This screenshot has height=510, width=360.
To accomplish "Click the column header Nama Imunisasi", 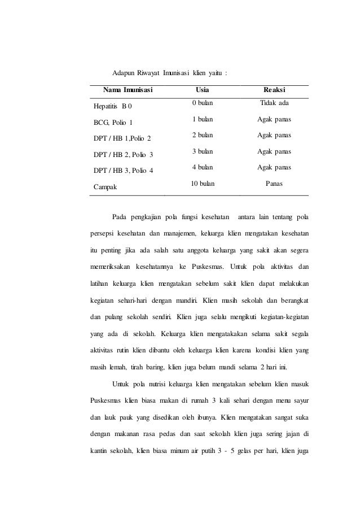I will (x=128, y=90).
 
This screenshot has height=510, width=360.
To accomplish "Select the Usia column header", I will (x=201, y=90).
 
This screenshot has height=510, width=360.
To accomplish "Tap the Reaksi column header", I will (x=274, y=90).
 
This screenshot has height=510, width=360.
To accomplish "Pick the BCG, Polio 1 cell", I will (x=113, y=122).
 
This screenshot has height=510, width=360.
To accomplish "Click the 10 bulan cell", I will (x=202, y=183).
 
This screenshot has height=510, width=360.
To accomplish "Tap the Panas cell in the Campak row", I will (x=274, y=183).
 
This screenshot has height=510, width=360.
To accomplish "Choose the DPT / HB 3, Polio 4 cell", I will (x=124, y=170).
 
